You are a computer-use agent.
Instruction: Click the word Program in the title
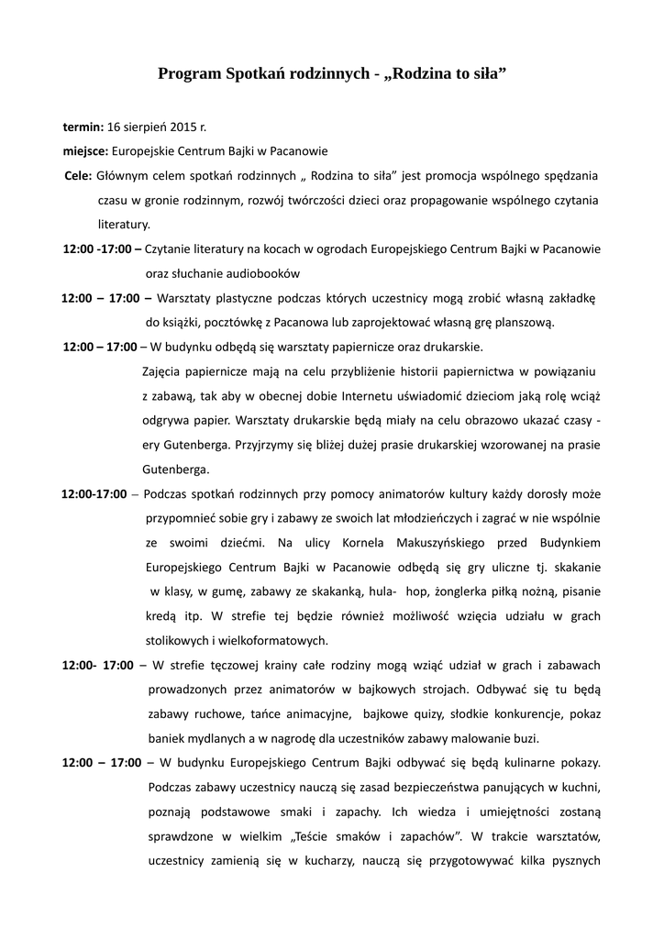[x=189, y=72]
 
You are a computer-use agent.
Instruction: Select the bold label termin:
[x=83, y=127]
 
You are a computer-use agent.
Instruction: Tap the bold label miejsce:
[x=86, y=150]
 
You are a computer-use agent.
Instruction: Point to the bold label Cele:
[x=78, y=174]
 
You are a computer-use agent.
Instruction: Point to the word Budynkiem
[x=565, y=541]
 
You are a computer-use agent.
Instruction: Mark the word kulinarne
[x=521, y=762]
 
